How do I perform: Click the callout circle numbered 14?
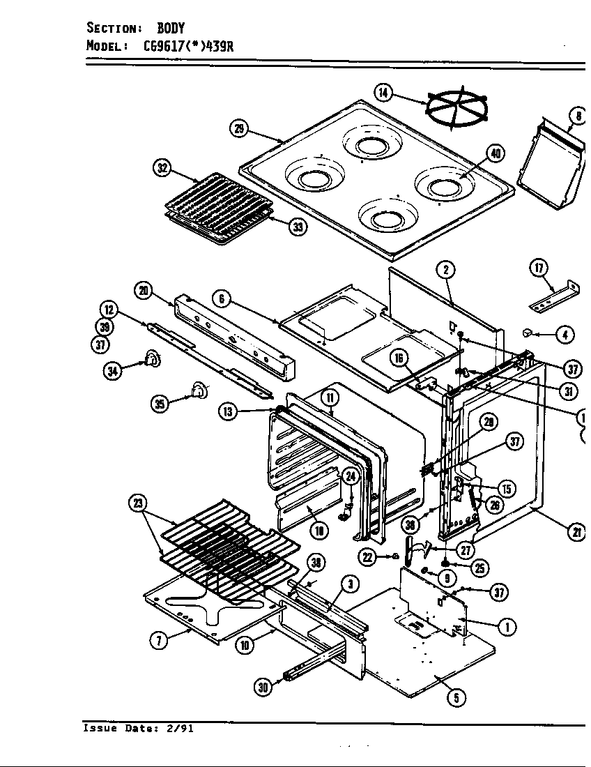coord(383,92)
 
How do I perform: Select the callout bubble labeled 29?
coord(238,128)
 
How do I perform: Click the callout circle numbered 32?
coord(162,167)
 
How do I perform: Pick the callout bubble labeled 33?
coord(298,227)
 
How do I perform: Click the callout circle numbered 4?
coord(565,335)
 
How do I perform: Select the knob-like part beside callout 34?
coord(151,359)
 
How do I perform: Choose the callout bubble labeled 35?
coord(161,404)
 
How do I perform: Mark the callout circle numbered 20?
coord(144,291)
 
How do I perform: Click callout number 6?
coord(221,298)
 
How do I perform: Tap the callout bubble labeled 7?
coord(160,641)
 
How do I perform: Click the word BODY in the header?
coord(170,28)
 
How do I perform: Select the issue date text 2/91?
coord(179,729)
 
